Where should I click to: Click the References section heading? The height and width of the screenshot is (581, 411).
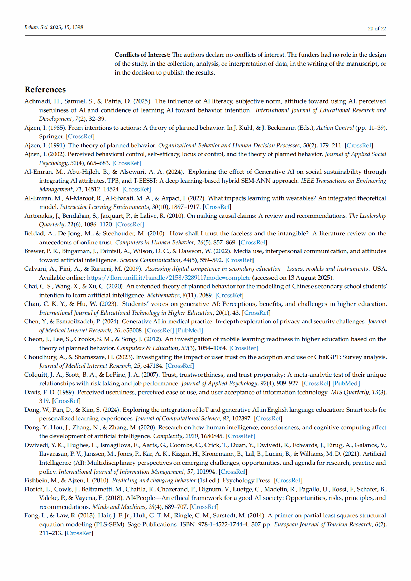(45, 90)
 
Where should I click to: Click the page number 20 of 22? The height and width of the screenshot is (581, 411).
(376, 29)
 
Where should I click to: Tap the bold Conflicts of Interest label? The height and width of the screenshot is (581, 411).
(142, 55)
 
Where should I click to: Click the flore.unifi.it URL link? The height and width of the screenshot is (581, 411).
(169, 278)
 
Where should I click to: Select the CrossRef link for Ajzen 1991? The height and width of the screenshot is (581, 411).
(359, 145)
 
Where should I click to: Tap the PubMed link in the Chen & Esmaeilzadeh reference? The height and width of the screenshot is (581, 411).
(189, 330)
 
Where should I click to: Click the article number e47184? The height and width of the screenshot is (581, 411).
(151, 366)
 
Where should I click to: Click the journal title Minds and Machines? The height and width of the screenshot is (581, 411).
(118, 507)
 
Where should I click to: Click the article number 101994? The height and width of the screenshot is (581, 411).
(206, 472)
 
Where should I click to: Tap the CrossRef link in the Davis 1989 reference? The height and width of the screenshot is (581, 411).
(66, 401)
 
